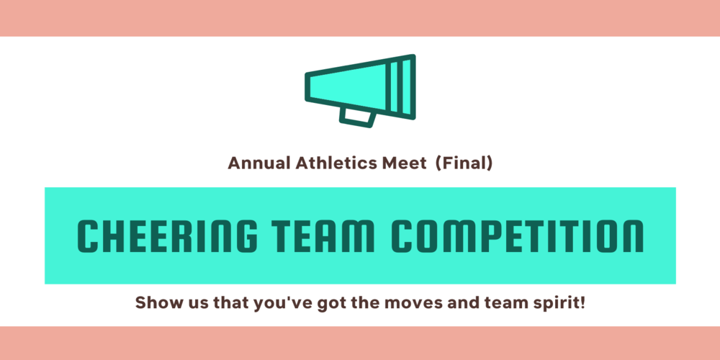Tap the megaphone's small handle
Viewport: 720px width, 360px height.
coord(358,117)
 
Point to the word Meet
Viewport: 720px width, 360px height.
coord(401,163)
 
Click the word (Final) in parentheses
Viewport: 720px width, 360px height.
coord(463,163)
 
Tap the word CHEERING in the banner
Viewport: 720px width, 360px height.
coord(167,235)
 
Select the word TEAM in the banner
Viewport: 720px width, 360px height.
coord(325,235)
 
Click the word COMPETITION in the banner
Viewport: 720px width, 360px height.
coord(518,235)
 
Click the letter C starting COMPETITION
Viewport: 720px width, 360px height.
coord(404,235)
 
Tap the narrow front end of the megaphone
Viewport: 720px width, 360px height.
coord(307,86)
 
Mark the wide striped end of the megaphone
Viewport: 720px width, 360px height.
coord(402,87)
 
